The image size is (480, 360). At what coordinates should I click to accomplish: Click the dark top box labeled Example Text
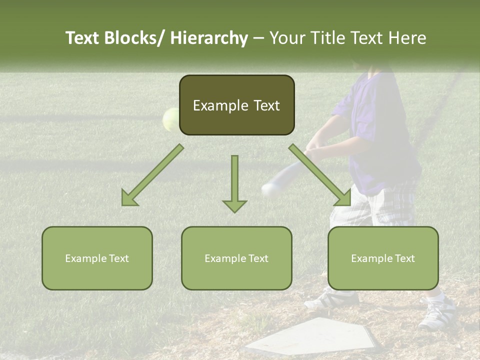[236, 105]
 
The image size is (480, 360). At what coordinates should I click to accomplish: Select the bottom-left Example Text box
[97, 258]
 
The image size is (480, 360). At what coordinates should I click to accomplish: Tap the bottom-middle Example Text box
[236, 258]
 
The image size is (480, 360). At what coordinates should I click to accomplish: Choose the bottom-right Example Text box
[383, 258]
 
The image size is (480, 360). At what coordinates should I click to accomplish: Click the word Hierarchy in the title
[209, 38]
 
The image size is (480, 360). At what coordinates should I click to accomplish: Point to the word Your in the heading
[285, 38]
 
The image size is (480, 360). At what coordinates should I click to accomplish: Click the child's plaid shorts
[380, 205]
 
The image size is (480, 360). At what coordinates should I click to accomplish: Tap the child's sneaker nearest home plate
[332, 299]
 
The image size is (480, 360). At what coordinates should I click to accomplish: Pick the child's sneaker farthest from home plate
[438, 313]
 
